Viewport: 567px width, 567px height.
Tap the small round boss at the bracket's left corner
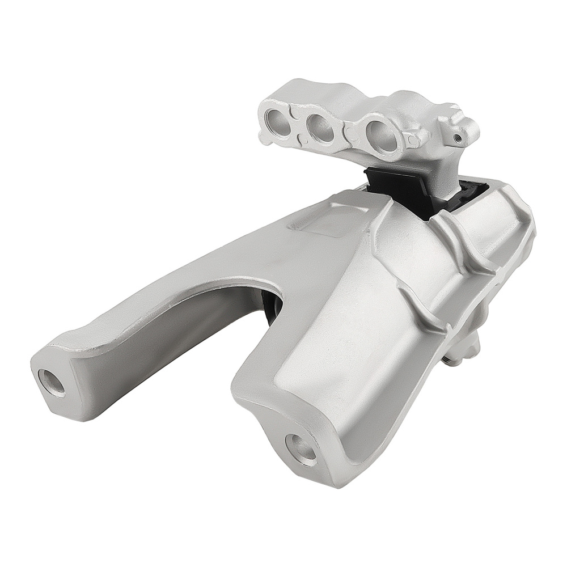[x=264, y=137]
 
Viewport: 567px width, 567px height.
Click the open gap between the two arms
[x=210, y=363]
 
